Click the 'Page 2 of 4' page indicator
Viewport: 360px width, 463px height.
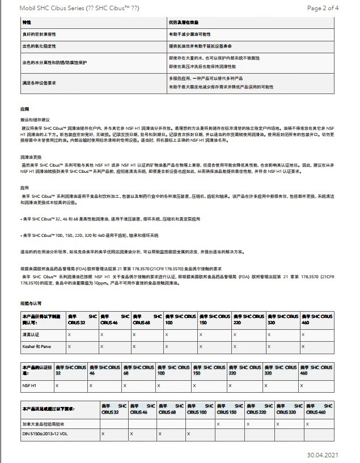coord(323,8)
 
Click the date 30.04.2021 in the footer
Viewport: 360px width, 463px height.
coord(323,454)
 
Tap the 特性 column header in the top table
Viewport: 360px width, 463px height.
coord(27,22)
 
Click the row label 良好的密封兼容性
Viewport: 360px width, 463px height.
coord(39,35)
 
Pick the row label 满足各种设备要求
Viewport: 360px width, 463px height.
coord(39,83)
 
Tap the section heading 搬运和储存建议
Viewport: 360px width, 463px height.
coord(35,120)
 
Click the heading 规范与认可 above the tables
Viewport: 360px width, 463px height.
coord(32,304)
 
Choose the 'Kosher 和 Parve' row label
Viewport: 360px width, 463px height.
coord(36,346)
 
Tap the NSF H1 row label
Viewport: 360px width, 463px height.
coord(30,385)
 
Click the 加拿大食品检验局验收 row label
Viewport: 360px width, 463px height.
coord(43,423)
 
